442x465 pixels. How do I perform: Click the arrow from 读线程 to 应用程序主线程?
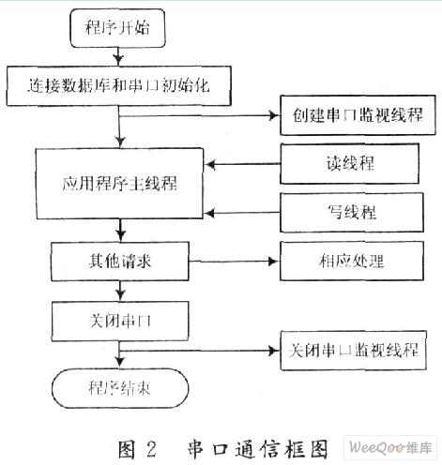242,164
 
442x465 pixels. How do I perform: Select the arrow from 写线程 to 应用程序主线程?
242,213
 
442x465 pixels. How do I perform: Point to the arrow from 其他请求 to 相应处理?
234,262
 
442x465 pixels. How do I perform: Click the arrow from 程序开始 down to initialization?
118,56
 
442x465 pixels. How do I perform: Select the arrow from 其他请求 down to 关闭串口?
120,291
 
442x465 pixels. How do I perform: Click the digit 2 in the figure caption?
151,449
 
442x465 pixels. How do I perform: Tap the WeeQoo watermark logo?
390,448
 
